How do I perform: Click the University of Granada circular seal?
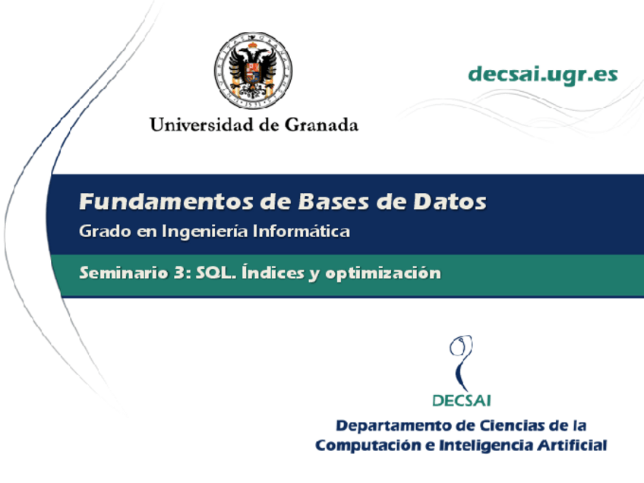(253, 71)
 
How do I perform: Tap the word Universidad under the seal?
(201, 125)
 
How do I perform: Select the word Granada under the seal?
(321, 125)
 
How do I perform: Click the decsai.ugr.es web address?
(543, 75)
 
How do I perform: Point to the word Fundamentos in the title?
(166, 201)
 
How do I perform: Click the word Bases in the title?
(333, 201)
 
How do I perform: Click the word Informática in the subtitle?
(301, 231)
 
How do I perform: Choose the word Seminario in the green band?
(124, 273)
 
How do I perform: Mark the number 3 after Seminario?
(179, 273)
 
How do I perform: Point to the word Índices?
(273, 273)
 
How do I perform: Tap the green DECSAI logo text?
(462, 400)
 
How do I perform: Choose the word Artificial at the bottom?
(573, 445)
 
